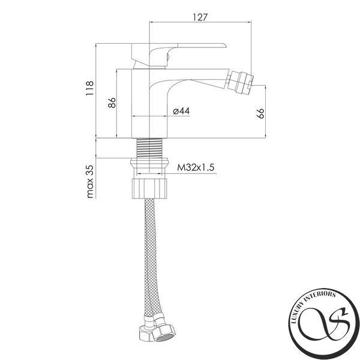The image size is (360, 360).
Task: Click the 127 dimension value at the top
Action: click(x=200, y=17)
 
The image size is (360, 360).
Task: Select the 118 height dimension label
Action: click(x=89, y=88)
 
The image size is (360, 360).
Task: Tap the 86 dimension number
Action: click(x=112, y=103)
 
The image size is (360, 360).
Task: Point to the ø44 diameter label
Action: click(x=181, y=111)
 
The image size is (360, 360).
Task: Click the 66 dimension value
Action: click(x=260, y=113)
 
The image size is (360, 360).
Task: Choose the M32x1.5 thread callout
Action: click(x=196, y=167)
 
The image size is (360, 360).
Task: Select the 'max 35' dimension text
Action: click(x=90, y=181)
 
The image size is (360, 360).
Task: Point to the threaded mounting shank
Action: click(x=149, y=148)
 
